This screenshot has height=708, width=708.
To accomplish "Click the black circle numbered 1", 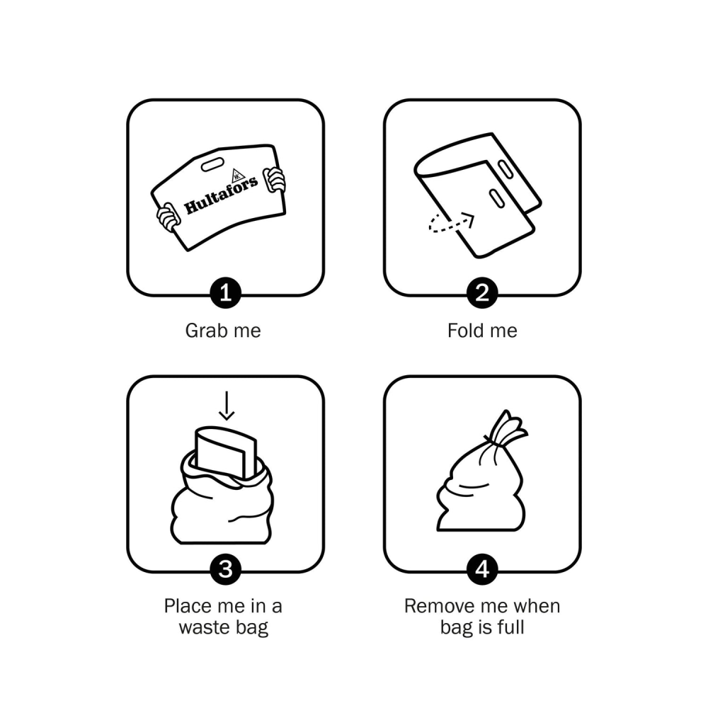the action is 225,293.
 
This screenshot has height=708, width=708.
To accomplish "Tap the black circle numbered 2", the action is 482,293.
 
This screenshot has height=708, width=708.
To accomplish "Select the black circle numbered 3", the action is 225,569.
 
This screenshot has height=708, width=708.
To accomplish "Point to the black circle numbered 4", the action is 482,569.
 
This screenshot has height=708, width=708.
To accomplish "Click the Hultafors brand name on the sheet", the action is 221,195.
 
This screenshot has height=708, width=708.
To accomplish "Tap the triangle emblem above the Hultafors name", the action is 237,176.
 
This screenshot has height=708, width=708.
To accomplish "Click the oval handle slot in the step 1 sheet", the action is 212,165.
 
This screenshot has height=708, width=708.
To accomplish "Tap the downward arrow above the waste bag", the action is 227,406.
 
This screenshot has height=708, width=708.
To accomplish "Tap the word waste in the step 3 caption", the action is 201,627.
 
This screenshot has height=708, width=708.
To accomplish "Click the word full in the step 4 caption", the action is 512,627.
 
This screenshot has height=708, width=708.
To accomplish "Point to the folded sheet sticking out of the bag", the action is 225,452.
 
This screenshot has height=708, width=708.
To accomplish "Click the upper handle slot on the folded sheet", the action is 505,169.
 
